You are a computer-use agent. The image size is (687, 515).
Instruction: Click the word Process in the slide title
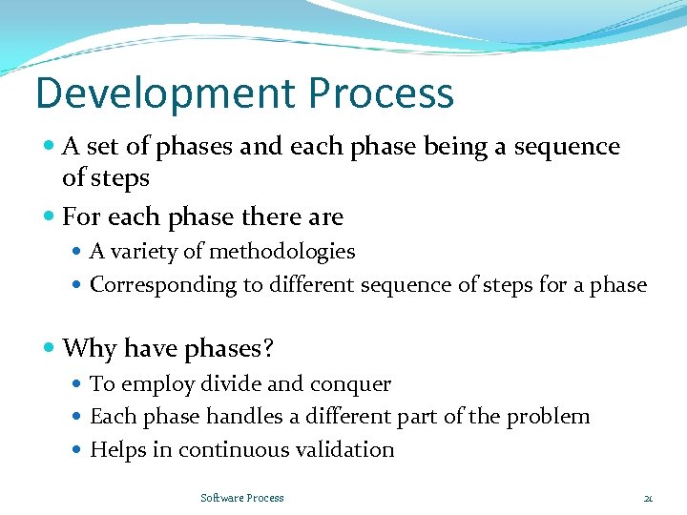(x=382, y=93)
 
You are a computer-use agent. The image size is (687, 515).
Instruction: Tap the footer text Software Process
(x=242, y=498)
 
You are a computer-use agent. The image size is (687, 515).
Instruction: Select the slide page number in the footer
(x=648, y=498)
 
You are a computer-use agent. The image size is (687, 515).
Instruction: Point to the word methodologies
(x=282, y=252)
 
